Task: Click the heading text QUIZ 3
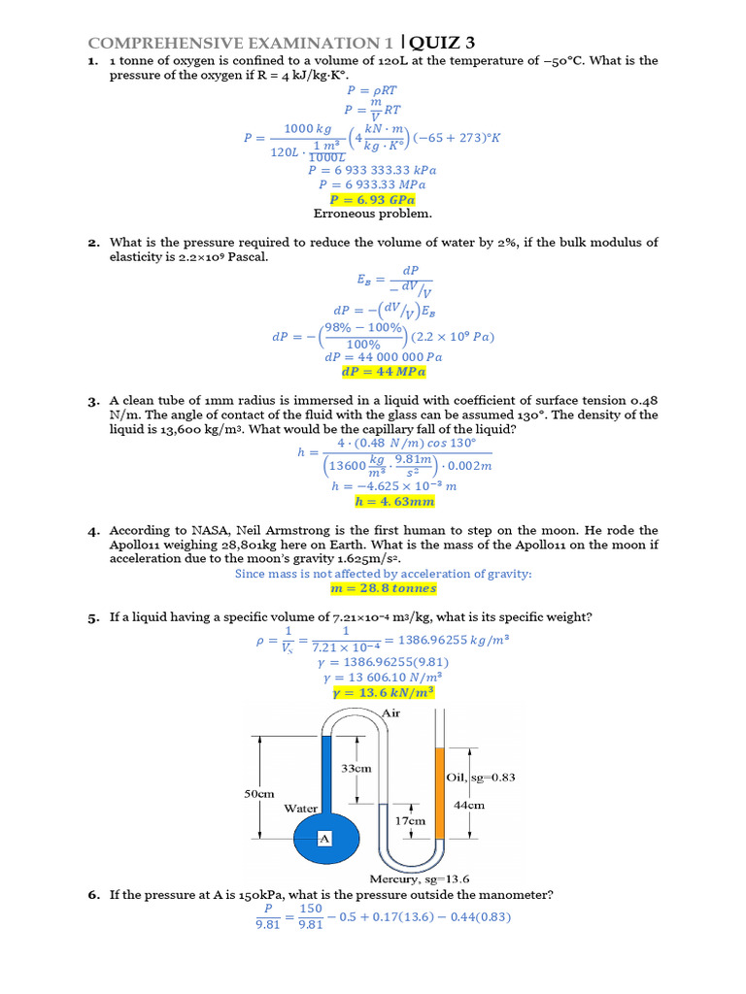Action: click(x=441, y=42)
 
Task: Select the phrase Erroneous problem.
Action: click(x=372, y=214)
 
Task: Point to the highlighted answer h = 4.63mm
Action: click(x=394, y=502)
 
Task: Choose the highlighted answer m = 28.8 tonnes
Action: click(x=384, y=588)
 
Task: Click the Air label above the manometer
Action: click(x=390, y=713)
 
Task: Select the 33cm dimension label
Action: click(x=357, y=768)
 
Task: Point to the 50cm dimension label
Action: click(x=258, y=793)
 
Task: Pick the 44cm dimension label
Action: click(x=469, y=805)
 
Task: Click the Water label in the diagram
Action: click(x=302, y=808)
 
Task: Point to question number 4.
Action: click(x=93, y=532)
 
